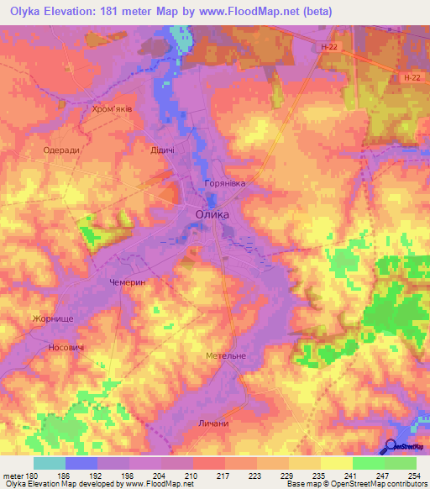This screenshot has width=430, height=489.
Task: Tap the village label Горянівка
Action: [x=223, y=182]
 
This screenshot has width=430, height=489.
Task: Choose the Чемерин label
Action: [x=128, y=284]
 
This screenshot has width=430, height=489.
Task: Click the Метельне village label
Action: [x=226, y=356]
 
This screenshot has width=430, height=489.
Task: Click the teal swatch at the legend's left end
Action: [x=49, y=463]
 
